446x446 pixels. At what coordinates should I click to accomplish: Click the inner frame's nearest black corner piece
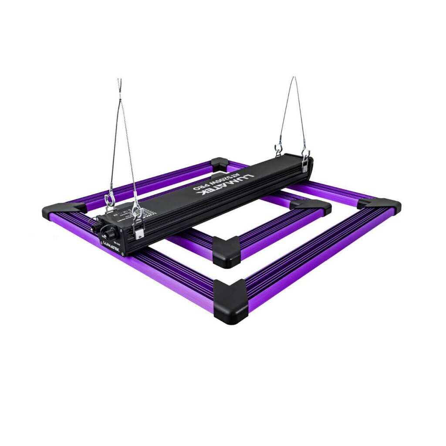tap(226, 251)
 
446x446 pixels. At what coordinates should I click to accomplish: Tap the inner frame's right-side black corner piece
tap(311, 205)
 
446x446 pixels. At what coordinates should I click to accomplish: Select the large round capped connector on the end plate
tap(107, 230)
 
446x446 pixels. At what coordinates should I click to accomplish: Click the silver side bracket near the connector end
tap(139, 231)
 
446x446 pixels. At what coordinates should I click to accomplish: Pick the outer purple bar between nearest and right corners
tap(314, 257)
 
